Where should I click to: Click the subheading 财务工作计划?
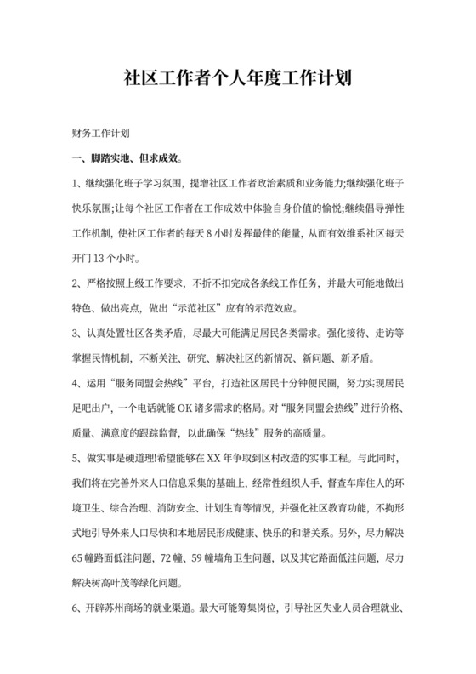pyautogui.click(x=100, y=134)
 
